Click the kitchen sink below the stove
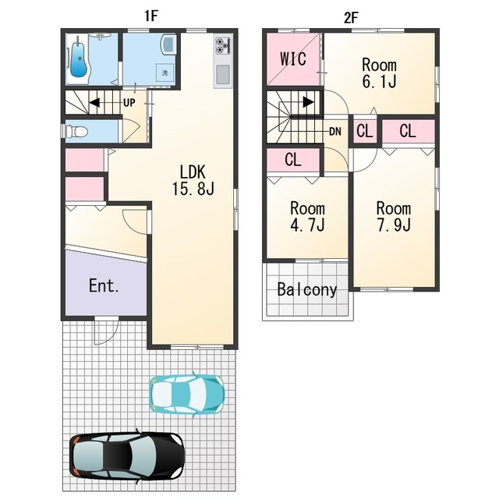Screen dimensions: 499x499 (223, 75)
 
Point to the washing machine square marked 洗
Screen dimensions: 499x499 (165, 73)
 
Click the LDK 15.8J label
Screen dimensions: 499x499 (193, 180)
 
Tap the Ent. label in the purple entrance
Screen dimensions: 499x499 (104, 285)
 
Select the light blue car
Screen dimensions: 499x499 (187, 395)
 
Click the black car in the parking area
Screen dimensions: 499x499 (127, 455)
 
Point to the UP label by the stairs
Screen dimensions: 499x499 (129, 102)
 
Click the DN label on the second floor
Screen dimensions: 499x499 (335, 131)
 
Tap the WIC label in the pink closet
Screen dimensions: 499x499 (293, 58)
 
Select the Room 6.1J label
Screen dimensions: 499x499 (379, 73)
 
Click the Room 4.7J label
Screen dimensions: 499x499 (307, 217)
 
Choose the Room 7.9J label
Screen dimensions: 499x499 (394, 217)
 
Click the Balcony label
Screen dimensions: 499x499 (307, 289)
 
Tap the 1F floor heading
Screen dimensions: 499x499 (151, 16)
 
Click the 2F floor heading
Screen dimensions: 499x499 (351, 18)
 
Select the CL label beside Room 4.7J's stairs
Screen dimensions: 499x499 (293, 159)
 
